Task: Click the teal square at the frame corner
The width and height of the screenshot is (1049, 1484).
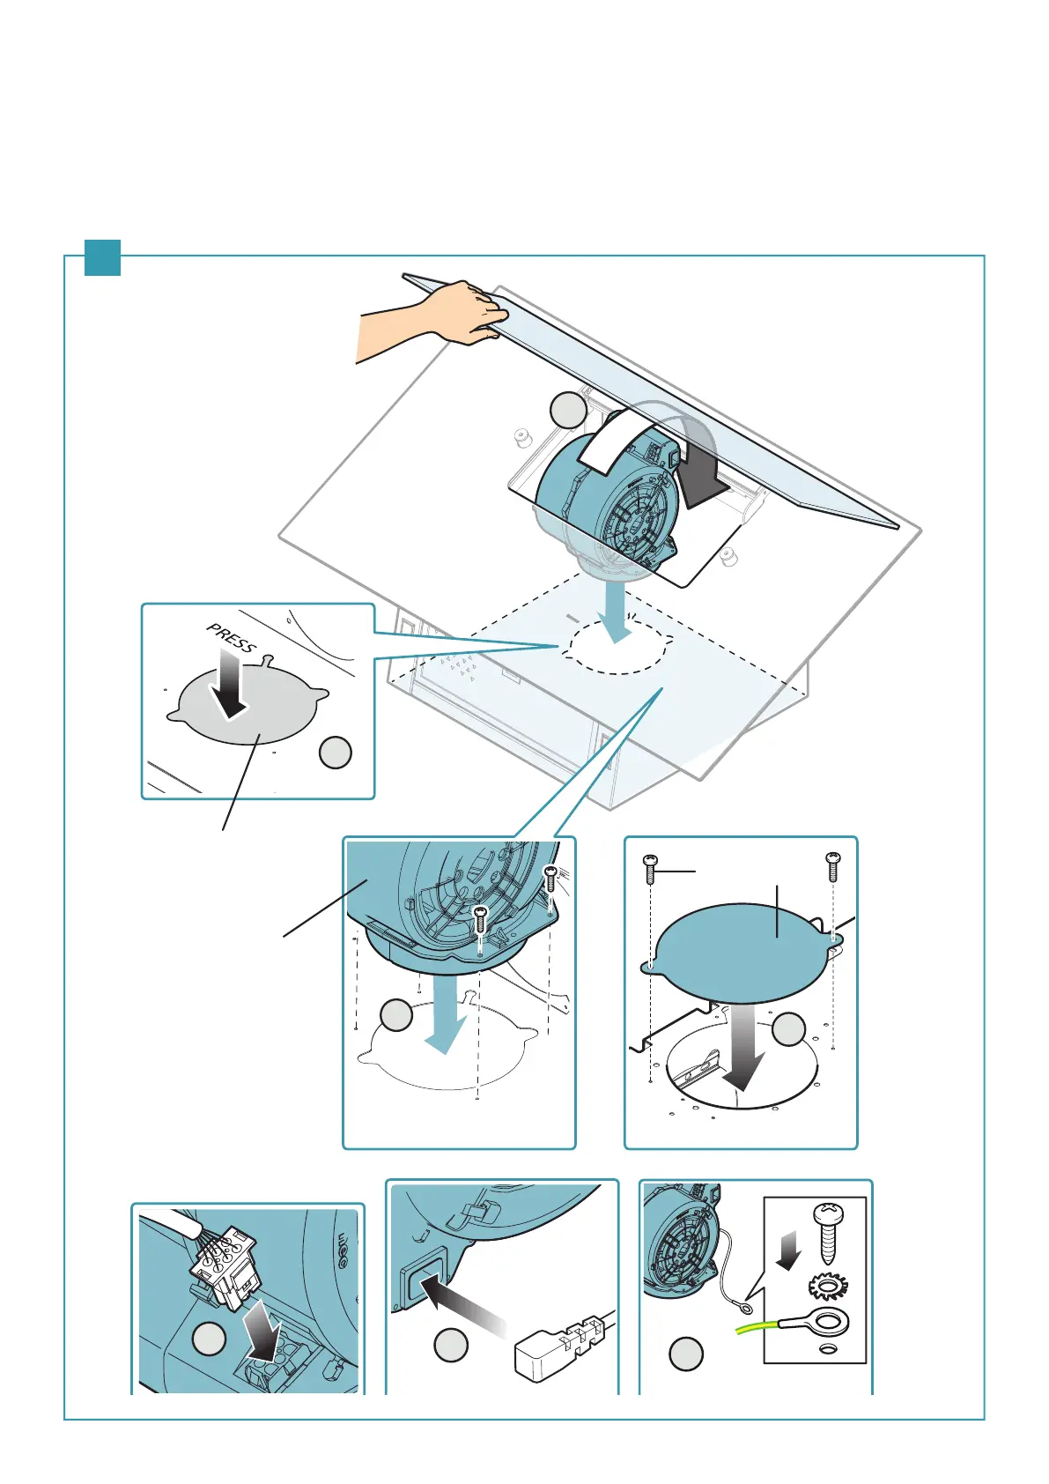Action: [x=102, y=257]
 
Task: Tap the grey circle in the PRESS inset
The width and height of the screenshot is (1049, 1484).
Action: [x=335, y=753]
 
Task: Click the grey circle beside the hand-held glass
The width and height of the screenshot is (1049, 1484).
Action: [x=568, y=411]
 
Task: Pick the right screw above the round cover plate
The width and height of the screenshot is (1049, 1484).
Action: [x=832, y=865]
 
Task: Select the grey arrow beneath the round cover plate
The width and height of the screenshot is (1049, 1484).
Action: [x=742, y=1049]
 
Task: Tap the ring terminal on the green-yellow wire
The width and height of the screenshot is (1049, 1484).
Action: [x=826, y=1323]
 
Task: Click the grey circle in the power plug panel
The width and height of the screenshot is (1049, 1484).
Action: [x=451, y=1346]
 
